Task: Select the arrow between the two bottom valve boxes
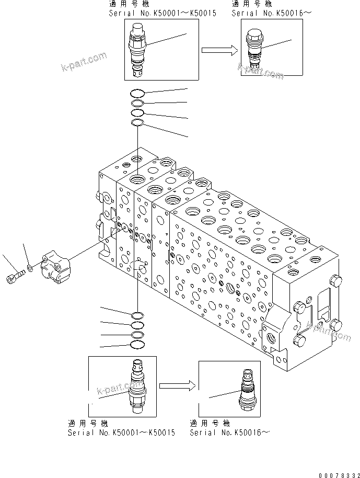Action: coord(177,385)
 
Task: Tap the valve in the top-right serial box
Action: coord(256,49)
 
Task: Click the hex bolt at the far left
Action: coord(15,277)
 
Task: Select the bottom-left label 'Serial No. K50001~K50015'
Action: coord(121,433)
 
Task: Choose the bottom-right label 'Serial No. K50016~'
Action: coord(230,433)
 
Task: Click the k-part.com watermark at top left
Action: coord(84,62)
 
